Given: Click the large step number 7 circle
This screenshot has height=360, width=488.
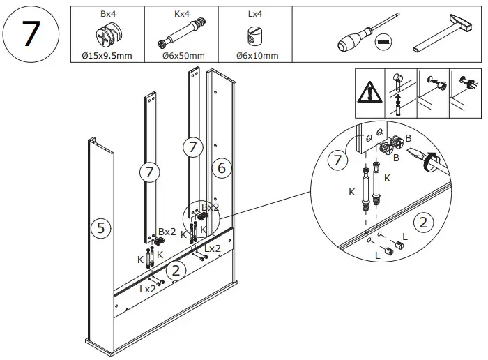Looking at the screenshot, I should (x=29, y=34).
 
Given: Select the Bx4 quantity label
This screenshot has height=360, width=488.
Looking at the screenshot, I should (x=108, y=13).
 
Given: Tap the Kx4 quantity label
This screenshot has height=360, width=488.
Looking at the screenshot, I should (x=181, y=13).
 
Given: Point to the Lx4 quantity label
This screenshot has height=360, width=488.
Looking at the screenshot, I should (x=254, y=13).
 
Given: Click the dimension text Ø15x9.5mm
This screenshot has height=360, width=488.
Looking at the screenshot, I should (x=108, y=56).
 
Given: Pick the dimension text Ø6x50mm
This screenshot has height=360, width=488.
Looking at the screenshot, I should (x=181, y=56).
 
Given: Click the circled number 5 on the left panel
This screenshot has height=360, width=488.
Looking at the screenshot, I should (x=100, y=227).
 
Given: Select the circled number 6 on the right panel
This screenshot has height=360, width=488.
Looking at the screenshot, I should (x=221, y=167).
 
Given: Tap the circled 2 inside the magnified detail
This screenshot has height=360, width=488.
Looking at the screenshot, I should (x=422, y=223).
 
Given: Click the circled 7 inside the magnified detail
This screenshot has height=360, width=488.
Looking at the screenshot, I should (x=337, y=160).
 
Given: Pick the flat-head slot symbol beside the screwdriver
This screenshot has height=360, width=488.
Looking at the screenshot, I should (x=383, y=43).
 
